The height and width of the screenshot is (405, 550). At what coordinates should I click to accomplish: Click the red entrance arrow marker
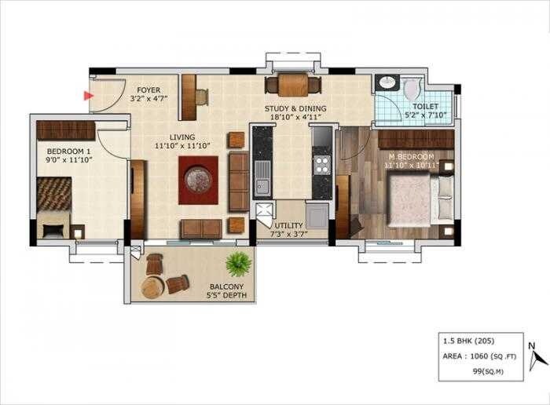[88, 97]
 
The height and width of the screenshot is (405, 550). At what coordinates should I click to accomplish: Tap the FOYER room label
[148, 89]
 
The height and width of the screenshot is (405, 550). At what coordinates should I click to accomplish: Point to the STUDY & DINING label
[296, 108]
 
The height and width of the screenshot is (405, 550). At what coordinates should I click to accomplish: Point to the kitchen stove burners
[321, 165]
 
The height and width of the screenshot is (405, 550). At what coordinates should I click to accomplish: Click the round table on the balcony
[152, 286]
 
